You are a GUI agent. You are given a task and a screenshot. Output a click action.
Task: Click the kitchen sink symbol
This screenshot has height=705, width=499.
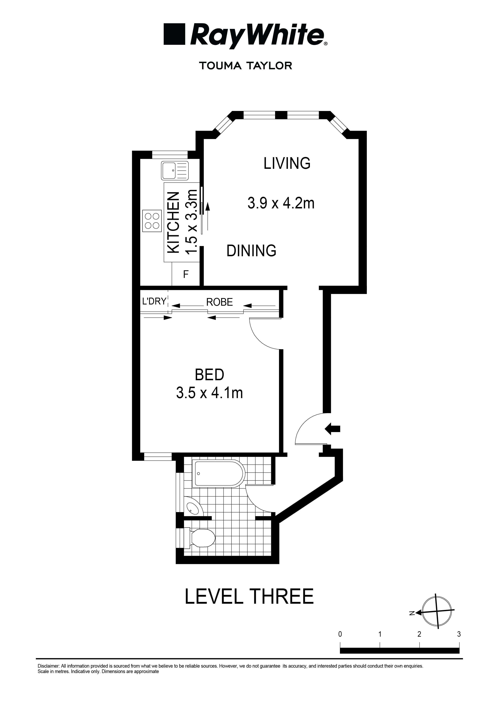175,171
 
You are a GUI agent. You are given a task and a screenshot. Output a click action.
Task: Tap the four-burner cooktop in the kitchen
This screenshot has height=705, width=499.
152,220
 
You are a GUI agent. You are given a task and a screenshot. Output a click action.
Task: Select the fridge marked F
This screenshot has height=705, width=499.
186,274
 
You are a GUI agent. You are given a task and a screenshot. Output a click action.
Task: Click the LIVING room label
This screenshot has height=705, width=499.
287,163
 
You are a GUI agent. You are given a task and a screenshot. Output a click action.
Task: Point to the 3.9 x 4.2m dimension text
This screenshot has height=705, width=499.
281,203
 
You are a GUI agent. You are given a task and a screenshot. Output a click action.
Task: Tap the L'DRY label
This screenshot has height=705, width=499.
154,301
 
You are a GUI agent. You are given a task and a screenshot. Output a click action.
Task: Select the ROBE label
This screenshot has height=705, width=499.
219,302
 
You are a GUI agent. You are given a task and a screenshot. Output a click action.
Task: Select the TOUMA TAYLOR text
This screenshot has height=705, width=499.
246,66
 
